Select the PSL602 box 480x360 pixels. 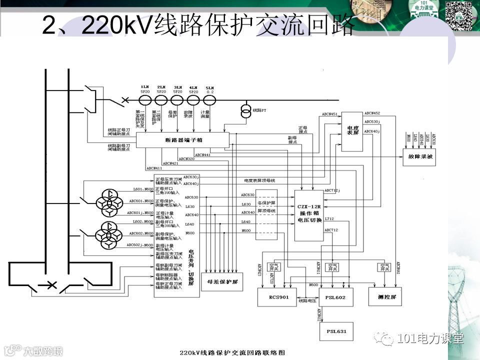(x=335, y=297)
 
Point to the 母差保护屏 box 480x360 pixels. (x=222, y=281)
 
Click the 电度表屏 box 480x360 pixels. (x=352, y=131)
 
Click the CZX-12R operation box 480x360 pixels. (x=309, y=214)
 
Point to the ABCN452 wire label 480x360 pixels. (x=372, y=113)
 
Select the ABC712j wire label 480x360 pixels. (x=332, y=190)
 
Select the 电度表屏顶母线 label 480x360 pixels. (x=260, y=180)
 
